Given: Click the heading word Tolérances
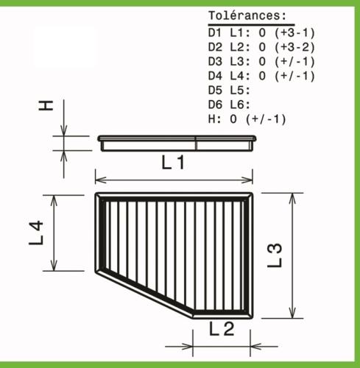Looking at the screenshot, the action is [247, 16].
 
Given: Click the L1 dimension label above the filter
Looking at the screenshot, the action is [173, 163].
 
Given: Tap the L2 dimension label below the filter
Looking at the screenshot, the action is [222, 329].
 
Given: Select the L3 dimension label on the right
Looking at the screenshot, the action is [275, 255].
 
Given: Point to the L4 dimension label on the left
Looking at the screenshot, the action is [36, 233].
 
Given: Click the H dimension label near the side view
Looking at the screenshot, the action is [46, 105].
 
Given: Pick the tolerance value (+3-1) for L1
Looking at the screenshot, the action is [294, 33].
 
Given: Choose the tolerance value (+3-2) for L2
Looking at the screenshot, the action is [294, 47].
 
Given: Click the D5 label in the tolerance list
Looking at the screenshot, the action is [215, 91].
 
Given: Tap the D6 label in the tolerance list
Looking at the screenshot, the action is [215, 105].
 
